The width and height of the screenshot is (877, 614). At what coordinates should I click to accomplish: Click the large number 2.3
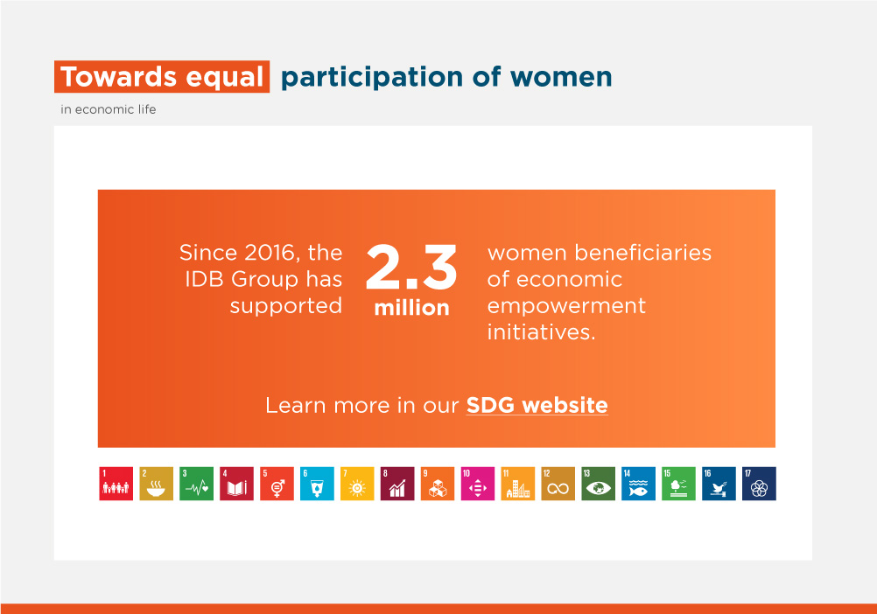click(411, 267)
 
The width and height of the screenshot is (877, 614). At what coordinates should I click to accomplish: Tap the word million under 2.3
click(411, 308)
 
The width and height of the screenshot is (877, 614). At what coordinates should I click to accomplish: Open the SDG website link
click(537, 405)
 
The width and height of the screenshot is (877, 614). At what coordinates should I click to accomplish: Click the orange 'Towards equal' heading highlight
click(162, 77)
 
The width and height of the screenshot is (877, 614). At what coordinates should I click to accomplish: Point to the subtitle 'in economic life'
click(108, 109)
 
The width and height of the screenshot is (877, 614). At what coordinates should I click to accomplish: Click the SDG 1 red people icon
click(116, 484)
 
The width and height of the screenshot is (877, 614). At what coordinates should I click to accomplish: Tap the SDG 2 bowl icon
click(156, 484)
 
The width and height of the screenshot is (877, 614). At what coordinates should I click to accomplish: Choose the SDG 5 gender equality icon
click(277, 484)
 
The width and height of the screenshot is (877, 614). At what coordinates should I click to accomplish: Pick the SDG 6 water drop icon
click(317, 484)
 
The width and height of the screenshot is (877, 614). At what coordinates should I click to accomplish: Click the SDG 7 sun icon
click(357, 484)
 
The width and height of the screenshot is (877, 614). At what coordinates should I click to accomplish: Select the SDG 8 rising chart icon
click(397, 484)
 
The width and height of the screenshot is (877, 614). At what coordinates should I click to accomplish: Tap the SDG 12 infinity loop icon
click(558, 484)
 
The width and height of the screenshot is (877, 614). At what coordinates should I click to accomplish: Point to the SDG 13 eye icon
click(599, 484)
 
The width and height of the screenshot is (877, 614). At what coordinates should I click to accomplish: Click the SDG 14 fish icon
click(638, 484)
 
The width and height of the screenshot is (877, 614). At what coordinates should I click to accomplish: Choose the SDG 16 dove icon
click(719, 484)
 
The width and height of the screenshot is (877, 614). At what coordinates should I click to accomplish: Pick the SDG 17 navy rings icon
click(759, 484)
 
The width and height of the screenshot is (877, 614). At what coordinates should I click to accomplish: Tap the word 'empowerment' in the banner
click(566, 306)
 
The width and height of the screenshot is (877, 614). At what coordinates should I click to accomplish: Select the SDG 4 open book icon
click(236, 484)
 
